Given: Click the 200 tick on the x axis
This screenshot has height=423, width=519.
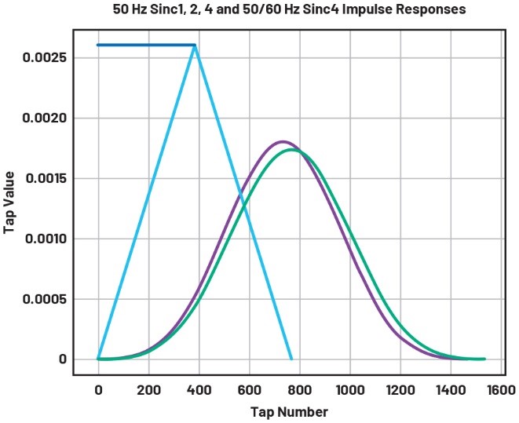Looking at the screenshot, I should click(x=148, y=389).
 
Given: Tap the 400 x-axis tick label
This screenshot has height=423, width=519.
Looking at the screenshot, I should click(x=199, y=389).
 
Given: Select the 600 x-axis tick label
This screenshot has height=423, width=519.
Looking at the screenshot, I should click(x=250, y=389).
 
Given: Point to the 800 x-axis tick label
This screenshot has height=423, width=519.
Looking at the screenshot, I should click(x=300, y=389).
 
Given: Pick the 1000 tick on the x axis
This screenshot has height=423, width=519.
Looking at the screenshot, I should click(x=350, y=389).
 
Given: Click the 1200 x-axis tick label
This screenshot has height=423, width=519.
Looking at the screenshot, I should click(x=400, y=389).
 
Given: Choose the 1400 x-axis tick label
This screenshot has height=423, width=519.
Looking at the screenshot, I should click(x=451, y=389).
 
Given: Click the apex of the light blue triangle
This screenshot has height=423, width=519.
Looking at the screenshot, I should click(x=195, y=45).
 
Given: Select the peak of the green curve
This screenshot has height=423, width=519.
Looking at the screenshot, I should click(x=293, y=149).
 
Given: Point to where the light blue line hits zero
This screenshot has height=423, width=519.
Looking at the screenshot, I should click(x=292, y=359).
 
